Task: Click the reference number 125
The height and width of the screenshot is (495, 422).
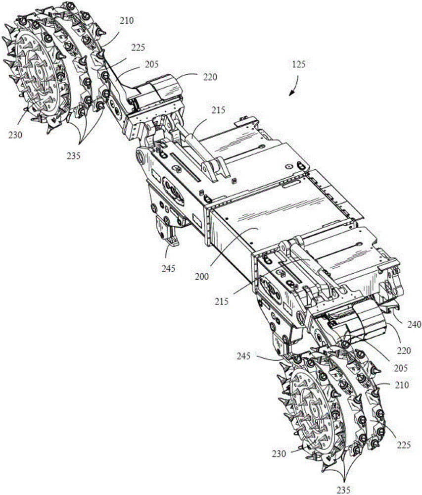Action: (x=298, y=64)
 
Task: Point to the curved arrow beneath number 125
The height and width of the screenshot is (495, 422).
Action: (x=294, y=86)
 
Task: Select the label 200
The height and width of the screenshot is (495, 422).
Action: (x=202, y=276)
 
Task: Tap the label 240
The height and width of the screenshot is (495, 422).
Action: (x=414, y=324)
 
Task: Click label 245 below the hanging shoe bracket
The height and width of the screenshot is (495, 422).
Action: (x=168, y=268)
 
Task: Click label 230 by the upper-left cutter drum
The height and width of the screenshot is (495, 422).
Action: (x=15, y=135)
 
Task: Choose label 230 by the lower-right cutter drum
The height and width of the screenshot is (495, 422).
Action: (x=279, y=454)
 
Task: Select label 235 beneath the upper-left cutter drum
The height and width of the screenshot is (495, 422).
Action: (x=73, y=155)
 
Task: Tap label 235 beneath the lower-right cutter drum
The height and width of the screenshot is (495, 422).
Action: (x=343, y=490)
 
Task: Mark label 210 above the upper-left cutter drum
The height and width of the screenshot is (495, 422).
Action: (x=127, y=21)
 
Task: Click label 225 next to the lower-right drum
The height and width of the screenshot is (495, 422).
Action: (x=404, y=445)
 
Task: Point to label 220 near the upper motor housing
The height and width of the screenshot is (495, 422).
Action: (x=210, y=77)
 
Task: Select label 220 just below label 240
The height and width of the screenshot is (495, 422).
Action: (x=404, y=350)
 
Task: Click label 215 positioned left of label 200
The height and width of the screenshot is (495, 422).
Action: (x=222, y=301)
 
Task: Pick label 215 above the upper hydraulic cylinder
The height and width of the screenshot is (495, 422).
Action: (x=219, y=110)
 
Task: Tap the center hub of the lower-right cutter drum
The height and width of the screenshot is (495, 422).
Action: (x=313, y=407)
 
